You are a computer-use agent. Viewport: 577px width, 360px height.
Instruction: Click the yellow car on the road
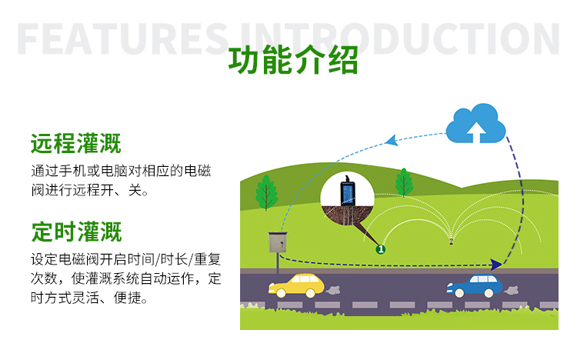pyautogui.click(x=295, y=285)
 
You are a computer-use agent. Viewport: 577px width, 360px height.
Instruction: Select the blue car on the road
pyautogui.click(x=475, y=286)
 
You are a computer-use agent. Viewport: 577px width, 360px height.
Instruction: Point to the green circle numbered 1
pyautogui.click(x=380, y=248)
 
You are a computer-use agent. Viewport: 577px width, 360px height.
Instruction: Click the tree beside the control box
pyautogui.click(x=266, y=192)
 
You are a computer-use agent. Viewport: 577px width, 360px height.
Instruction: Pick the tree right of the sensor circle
pyautogui.click(x=404, y=182)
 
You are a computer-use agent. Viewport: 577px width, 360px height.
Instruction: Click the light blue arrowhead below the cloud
pyautogui.click(x=391, y=140)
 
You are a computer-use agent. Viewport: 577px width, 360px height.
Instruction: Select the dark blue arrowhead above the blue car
pyautogui.click(x=496, y=264)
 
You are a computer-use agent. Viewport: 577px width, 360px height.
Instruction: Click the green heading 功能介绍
pyautogui.click(x=293, y=62)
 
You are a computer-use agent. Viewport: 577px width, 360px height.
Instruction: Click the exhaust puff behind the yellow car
pyautogui.click(x=335, y=290)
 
